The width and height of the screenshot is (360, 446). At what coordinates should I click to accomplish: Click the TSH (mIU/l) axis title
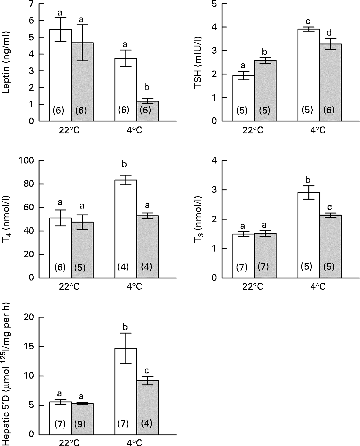coord(198,63)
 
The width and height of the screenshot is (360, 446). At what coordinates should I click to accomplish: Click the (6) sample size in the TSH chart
coord(329,110)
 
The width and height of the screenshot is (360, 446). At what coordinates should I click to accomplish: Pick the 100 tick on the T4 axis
coord(26,161)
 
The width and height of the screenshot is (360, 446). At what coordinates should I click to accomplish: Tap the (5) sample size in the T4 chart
coord(80,268)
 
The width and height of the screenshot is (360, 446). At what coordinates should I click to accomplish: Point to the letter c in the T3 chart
coord(330,207)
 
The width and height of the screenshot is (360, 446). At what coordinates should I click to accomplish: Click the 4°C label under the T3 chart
coord(318,287)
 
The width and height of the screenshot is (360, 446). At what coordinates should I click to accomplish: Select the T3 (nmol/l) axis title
coord(198,220)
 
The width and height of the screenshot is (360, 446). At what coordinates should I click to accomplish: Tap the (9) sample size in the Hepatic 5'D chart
coord(80,424)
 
